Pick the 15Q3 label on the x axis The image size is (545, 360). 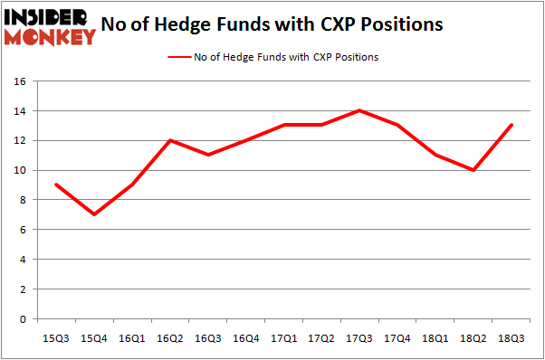pyautogui.click(x=57, y=338)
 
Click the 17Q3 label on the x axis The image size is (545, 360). pyautogui.click(x=361, y=338)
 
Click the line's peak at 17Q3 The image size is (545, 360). pyautogui.click(x=361, y=110)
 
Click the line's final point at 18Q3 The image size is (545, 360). pyautogui.click(x=513, y=126)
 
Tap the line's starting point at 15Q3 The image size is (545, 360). pyautogui.click(x=57, y=185)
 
